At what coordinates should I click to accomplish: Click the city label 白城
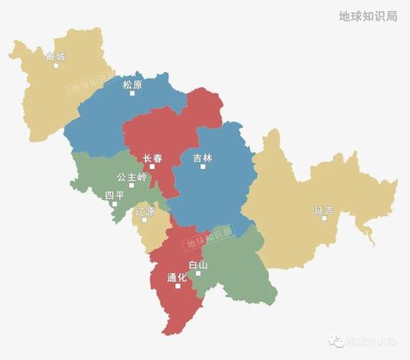(x=55, y=55)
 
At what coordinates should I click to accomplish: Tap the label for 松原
(x=132, y=84)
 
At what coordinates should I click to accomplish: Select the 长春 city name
(x=152, y=158)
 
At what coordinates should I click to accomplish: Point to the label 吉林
(x=202, y=158)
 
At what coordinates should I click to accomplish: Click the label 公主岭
(x=132, y=176)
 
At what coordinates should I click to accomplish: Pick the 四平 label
(x=114, y=194)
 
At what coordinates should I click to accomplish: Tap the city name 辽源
(x=145, y=212)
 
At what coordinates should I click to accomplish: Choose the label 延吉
(x=324, y=210)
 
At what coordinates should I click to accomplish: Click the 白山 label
(x=198, y=265)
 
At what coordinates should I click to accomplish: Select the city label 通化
(x=177, y=277)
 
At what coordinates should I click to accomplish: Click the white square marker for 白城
(x=56, y=66)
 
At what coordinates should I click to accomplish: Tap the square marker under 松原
(x=132, y=94)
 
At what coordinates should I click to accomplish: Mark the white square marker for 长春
(x=152, y=166)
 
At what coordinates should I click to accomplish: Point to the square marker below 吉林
(x=202, y=166)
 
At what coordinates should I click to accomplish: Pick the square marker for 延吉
(x=324, y=218)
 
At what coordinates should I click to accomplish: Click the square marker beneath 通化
(x=177, y=287)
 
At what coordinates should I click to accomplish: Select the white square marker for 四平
(x=114, y=203)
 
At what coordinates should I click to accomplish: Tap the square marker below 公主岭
(x=132, y=185)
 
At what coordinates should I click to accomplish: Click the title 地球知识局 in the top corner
(x=367, y=16)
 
